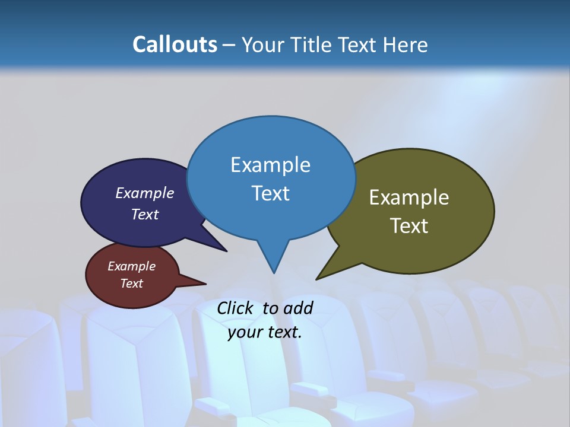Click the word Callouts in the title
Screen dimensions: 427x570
coord(175,44)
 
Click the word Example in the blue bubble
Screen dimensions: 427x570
coord(270,165)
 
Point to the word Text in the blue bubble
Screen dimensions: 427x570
coord(270,193)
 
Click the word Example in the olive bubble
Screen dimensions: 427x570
coord(409,197)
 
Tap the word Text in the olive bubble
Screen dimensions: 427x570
coord(409,225)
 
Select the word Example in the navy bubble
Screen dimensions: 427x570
coord(145,193)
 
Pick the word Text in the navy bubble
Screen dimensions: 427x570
coord(145,214)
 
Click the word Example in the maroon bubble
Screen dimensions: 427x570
coord(132,266)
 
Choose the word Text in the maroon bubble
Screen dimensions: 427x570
coord(132,283)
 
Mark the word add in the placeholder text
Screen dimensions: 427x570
coord(299,308)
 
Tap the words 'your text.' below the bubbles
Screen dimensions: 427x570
coord(265,332)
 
